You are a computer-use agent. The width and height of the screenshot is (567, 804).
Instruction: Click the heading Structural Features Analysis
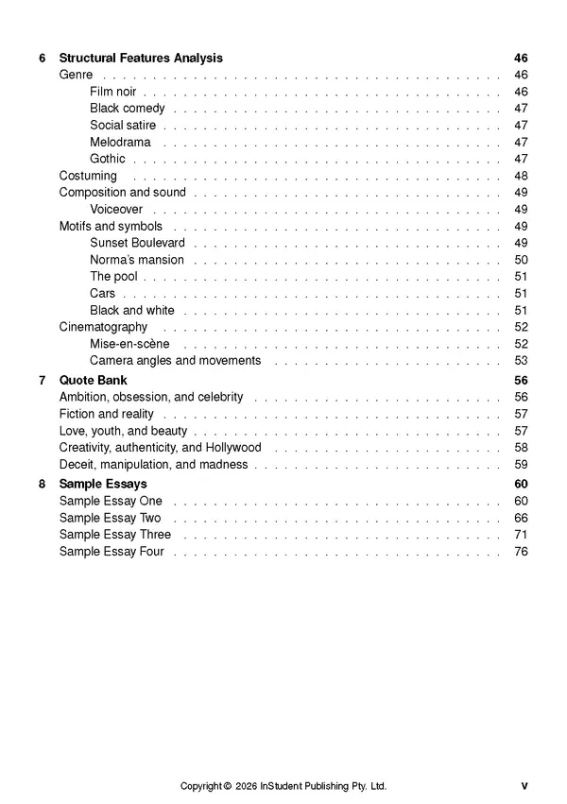[x=141, y=58]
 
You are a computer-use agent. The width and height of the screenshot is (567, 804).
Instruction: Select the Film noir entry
[x=113, y=92]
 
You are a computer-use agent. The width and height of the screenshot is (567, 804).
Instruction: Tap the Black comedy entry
[x=128, y=109]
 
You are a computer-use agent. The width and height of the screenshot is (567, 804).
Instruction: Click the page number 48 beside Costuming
[x=521, y=176]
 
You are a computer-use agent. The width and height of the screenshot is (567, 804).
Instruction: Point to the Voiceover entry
[x=116, y=210]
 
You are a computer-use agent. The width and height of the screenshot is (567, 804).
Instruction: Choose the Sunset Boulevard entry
[x=137, y=243]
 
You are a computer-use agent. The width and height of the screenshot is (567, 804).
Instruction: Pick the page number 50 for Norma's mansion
[x=521, y=260]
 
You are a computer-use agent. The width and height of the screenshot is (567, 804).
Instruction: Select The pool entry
[x=113, y=277]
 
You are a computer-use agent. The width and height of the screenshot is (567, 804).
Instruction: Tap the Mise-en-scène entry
[x=129, y=344]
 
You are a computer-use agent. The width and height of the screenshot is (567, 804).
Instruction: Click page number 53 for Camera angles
[x=521, y=360]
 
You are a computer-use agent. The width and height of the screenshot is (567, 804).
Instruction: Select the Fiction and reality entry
[x=107, y=414]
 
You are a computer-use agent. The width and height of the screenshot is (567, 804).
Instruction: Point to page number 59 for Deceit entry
[x=521, y=465]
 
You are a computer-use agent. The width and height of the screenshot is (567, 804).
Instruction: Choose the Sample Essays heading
[x=103, y=485]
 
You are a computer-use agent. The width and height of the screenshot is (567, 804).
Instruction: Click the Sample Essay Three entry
[x=115, y=535]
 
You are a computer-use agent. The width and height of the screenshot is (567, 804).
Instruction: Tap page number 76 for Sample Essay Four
[x=521, y=552]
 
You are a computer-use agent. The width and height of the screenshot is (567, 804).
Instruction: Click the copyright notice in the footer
[x=283, y=786]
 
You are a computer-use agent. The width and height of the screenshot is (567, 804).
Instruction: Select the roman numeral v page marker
[x=524, y=786]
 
